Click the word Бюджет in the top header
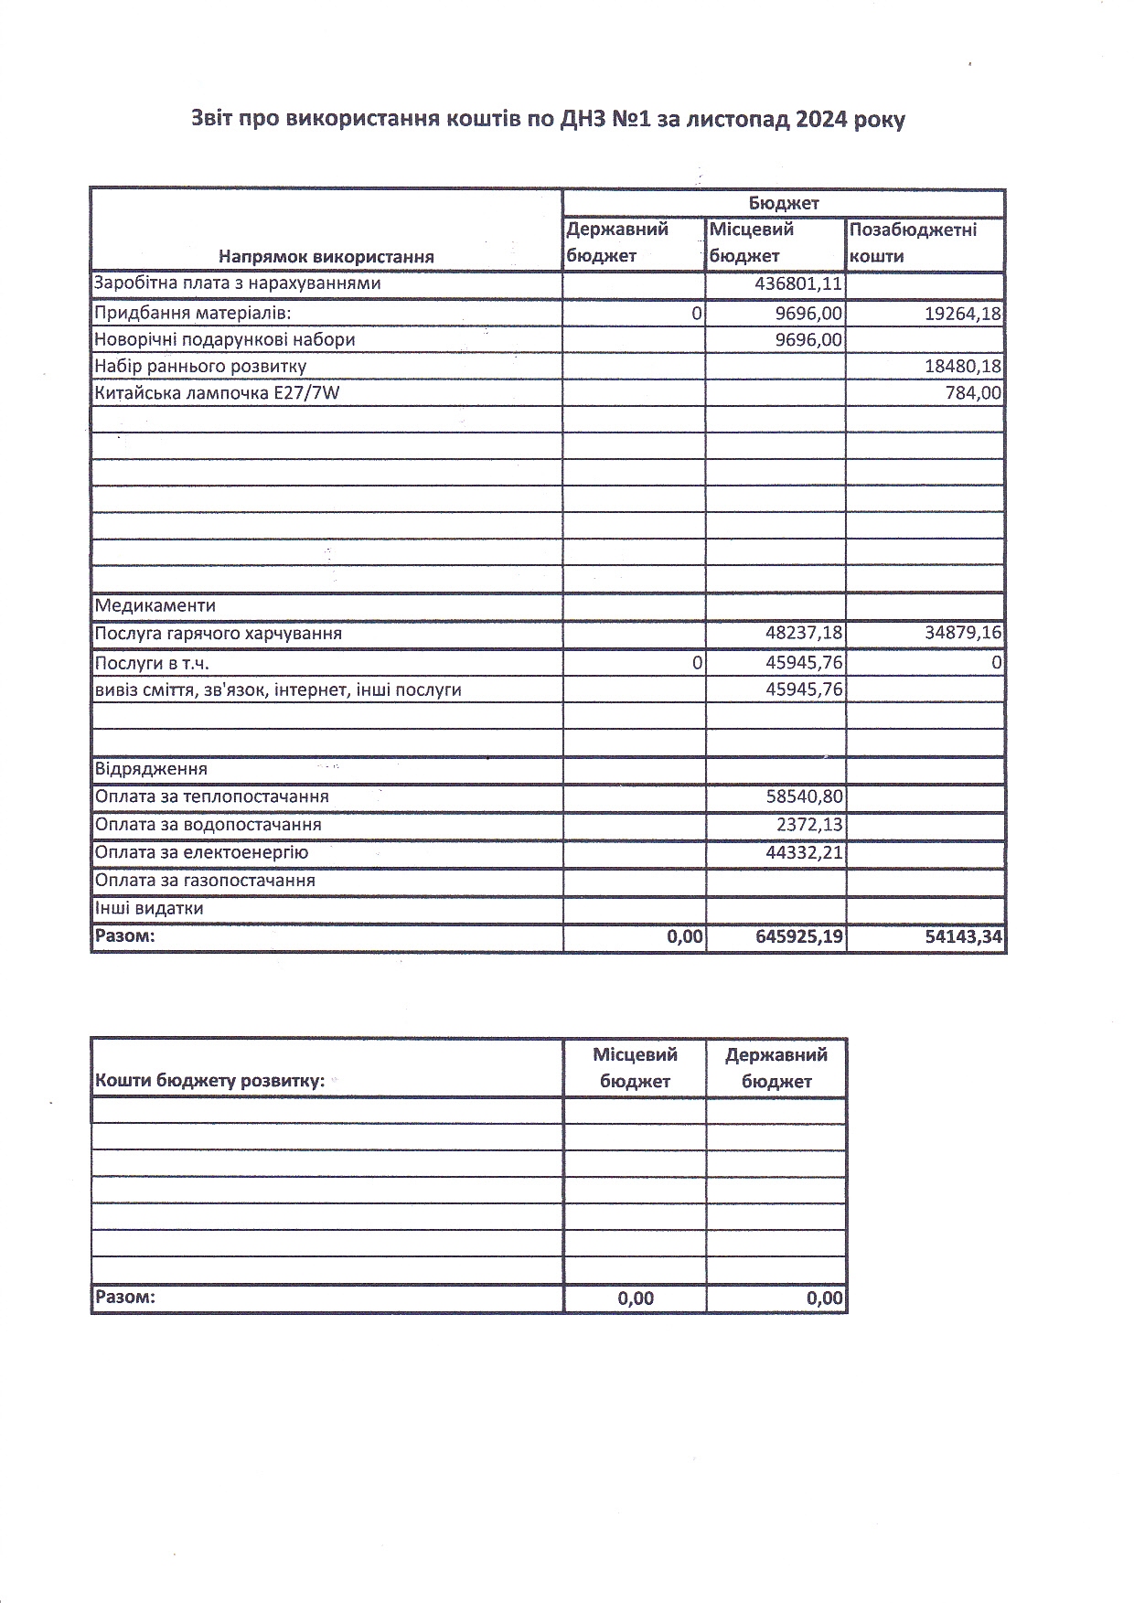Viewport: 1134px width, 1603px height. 784,203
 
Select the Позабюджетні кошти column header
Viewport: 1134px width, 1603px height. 913,242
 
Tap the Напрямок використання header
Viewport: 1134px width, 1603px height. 326,257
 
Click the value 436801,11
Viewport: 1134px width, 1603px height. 797,284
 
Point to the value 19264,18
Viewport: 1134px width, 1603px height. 962,314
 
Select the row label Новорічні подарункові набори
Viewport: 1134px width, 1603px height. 225,340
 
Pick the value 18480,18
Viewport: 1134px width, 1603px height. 962,367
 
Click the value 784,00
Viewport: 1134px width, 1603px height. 973,393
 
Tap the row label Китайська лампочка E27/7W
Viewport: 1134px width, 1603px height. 217,393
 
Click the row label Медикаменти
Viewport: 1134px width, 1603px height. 155,605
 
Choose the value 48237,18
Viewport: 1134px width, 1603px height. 804,633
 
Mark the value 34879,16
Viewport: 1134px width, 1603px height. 962,633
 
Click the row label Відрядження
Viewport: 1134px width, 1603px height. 151,769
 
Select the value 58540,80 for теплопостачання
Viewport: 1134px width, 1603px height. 804,796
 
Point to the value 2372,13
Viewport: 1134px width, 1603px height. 809,825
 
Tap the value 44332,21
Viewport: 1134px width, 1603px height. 804,853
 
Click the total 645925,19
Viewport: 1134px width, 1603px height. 799,936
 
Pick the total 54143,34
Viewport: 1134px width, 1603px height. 962,936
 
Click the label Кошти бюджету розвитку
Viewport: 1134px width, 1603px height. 209,1081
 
